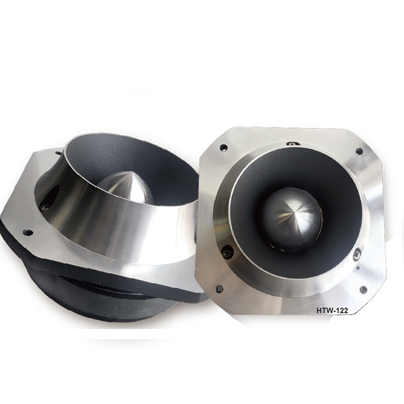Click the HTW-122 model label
click(332, 310)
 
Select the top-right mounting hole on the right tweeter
click(359, 151)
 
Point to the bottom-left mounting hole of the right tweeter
click(219, 289)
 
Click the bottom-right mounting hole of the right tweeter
click(363, 290)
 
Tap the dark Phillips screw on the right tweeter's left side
click(226, 252)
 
